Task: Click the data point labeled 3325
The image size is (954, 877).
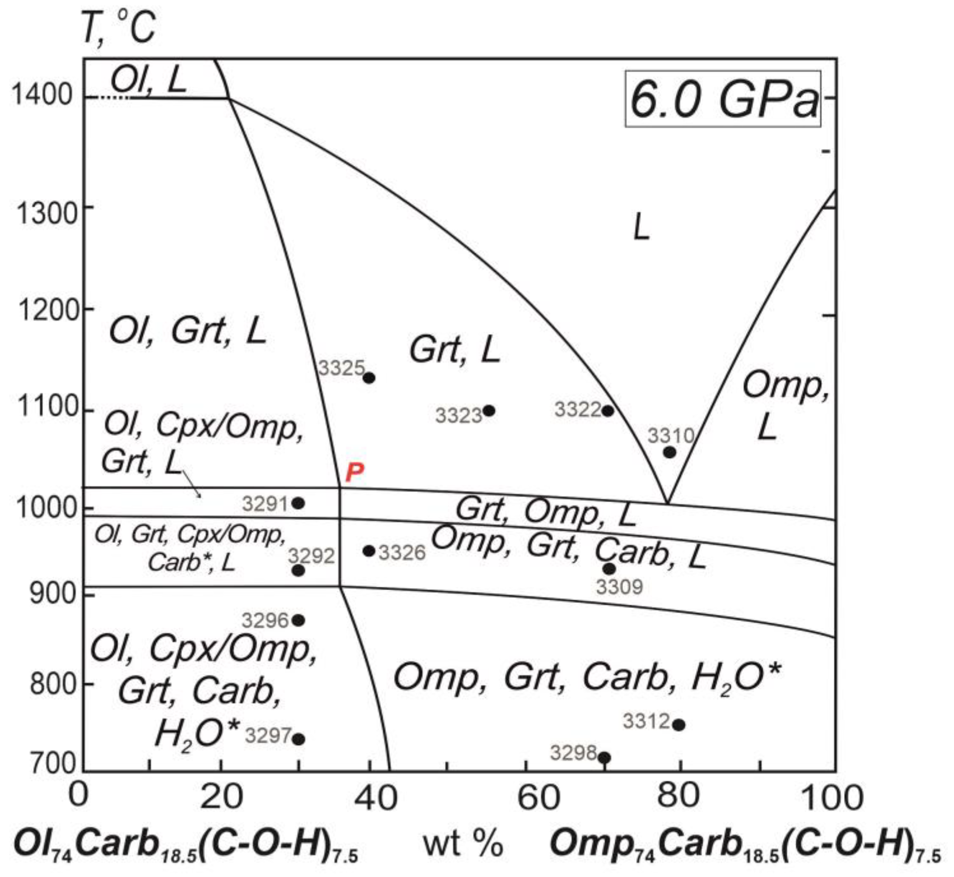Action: (369, 378)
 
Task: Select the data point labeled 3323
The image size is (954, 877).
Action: (489, 410)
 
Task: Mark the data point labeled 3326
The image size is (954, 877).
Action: (369, 551)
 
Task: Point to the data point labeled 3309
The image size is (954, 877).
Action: (609, 569)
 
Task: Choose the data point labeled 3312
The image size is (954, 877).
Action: (679, 724)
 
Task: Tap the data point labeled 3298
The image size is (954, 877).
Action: (604, 758)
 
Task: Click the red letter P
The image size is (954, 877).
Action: (354, 472)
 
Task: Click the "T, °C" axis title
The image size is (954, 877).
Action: (118, 27)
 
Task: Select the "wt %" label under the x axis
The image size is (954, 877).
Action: (463, 845)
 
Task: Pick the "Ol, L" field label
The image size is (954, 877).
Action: (147, 79)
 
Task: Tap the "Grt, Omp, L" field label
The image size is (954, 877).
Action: (545, 513)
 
